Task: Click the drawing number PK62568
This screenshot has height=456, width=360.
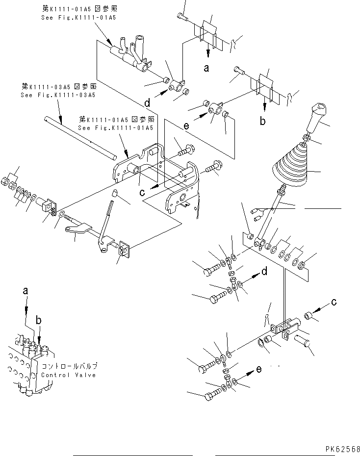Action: pyautogui.click(x=341, y=449)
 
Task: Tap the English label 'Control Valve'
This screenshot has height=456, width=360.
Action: pyautogui.click(x=69, y=375)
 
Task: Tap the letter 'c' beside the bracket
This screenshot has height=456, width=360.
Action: pyautogui.click(x=142, y=192)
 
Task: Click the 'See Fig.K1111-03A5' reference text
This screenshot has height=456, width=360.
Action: pyautogui.click(x=58, y=95)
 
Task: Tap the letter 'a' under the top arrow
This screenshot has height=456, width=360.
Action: pyautogui.click(x=206, y=68)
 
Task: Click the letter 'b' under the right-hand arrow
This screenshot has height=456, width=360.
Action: pyautogui.click(x=263, y=121)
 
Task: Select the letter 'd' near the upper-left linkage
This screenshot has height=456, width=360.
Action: pyautogui.click(x=147, y=103)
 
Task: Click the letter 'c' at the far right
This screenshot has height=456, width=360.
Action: pyautogui.click(x=334, y=302)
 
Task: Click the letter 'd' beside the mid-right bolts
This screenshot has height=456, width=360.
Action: pyautogui.click(x=264, y=271)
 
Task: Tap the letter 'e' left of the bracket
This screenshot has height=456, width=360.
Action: pyautogui.click(x=186, y=126)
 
